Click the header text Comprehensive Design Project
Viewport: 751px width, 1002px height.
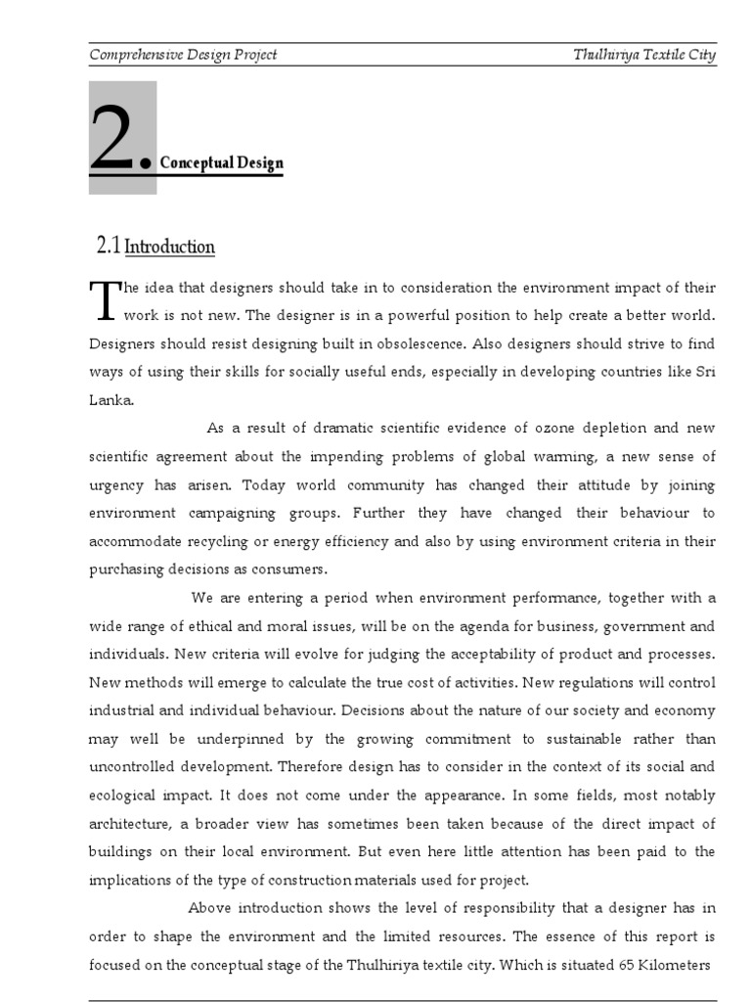point(183,55)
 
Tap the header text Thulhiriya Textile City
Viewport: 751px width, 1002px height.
point(644,55)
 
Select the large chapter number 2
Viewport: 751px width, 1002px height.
point(115,143)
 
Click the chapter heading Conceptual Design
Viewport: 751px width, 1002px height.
point(221,162)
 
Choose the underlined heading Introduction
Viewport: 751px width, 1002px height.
point(170,247)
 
